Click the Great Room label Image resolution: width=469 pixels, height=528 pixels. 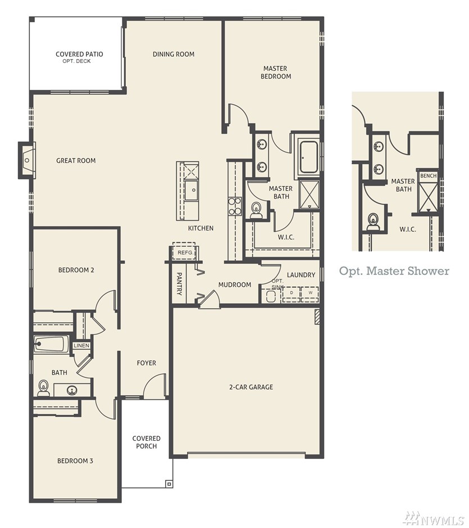tap(76, 161)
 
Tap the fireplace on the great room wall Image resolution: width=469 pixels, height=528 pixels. tap(27, 160)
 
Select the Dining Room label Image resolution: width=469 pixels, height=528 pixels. tap(173, 54)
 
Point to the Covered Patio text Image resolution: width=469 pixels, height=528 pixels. tap(79, 54)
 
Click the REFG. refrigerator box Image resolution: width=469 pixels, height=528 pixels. tap(184, 252)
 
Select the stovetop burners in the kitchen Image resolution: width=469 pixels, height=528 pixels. tap(235, 206)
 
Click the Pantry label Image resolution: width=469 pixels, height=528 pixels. tap(179, 284)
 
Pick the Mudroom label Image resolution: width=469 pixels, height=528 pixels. tap(235, 285)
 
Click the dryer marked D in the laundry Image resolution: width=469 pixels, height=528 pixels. tap(292, 293)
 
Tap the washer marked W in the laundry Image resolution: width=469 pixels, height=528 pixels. tap(310, 293)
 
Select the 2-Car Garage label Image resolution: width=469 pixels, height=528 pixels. tap(251, 387)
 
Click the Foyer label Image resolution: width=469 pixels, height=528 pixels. tap(147, 363)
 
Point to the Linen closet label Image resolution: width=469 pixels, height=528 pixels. tap(81, 345)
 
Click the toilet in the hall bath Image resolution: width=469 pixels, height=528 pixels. tap(43, 388)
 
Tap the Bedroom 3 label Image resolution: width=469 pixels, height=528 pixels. tap(75, 461)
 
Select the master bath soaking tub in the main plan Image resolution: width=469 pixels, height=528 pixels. tap(308, 157)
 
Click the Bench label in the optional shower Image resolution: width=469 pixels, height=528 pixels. tap(429, 176)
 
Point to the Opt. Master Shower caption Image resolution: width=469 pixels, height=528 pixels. tap(394, 271)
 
